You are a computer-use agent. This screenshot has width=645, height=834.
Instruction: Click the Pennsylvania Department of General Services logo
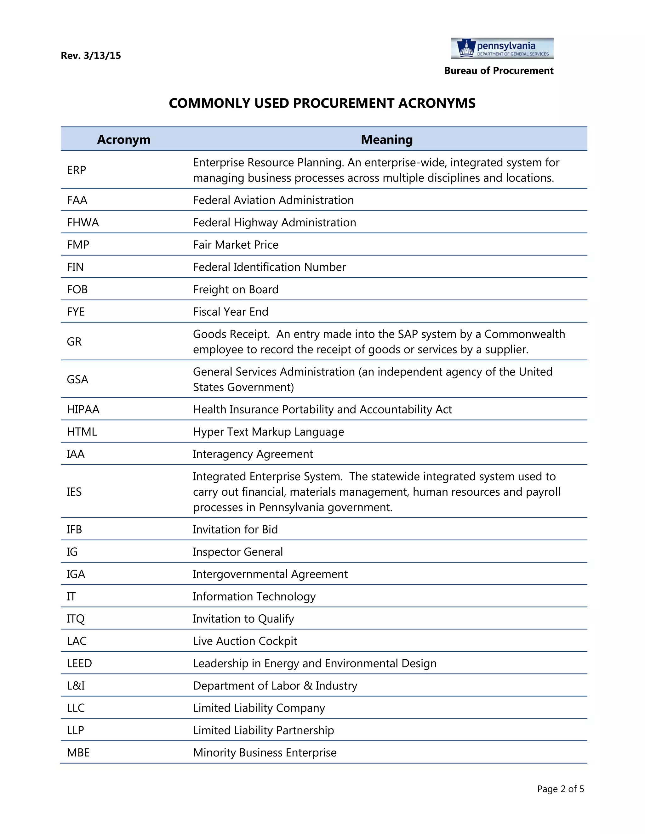click(x=502, y=48)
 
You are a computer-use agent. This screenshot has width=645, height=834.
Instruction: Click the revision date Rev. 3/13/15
click(x=91, y=56)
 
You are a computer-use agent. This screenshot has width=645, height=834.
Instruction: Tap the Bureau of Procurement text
click(x=498, y=70)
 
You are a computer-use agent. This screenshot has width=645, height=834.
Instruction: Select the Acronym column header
click(x=123, y=139)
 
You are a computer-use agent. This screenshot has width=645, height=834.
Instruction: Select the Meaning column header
click(x=386, y=139)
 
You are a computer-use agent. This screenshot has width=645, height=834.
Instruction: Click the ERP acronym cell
click(x=77, y=170)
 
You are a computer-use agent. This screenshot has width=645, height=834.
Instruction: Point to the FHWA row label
click(x=83, y=222)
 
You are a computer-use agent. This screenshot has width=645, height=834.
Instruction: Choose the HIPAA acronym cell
click(x=83, y=409)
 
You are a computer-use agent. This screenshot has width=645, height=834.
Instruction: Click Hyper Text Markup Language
click(x=268, y=431)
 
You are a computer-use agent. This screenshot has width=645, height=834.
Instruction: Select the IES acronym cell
click(x=74, y=492)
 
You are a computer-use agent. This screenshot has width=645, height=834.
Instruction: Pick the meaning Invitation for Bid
click(x=235, y=529)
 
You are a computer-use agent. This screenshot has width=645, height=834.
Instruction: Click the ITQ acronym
click(x=75, y=619)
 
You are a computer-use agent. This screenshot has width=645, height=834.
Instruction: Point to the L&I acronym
click(x=76, y=685)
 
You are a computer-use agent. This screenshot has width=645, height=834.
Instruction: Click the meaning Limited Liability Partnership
click(x=263, y=730)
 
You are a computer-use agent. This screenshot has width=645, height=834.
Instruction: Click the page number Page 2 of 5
click(x=560, y=789)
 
